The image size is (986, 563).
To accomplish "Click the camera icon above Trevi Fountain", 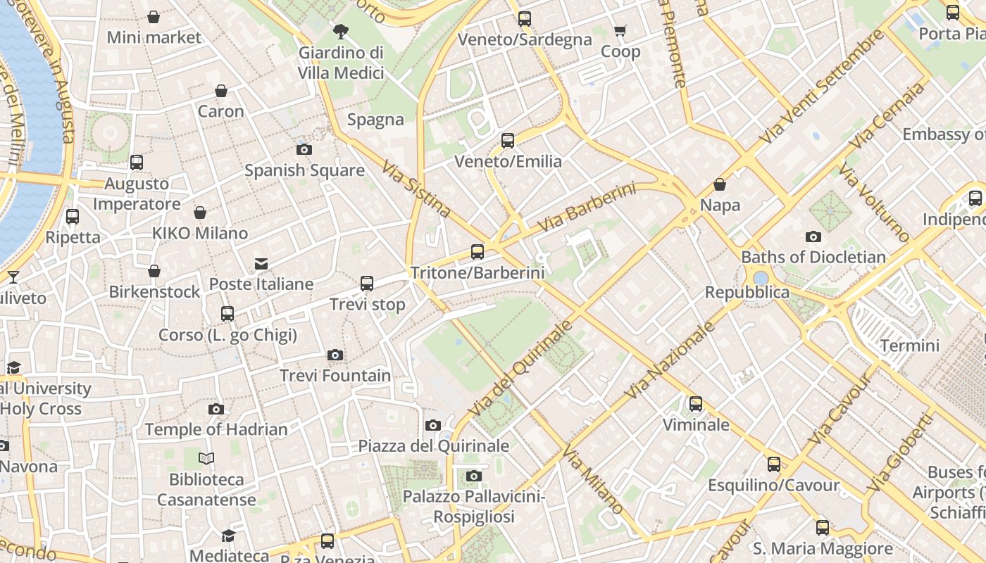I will pyautogui.click(x=335, y=355).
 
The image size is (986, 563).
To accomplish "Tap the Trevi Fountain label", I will pyautogui.click(x=335, y=376).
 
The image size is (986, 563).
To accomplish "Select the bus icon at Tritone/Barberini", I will pyautogui.click(x=478, y=251).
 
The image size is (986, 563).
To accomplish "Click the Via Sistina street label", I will pyautogui.click(x=416, y=189).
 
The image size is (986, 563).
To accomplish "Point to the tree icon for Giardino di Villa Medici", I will pyautogui.click(x=341, y=31).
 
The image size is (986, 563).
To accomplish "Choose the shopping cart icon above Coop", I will pyautogui.click(x=620, y=30).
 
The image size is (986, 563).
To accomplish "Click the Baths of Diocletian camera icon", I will pyautogui.click(x=813, y=236).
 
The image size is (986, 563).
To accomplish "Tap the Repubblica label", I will pyautogui.click(x=747, y=292).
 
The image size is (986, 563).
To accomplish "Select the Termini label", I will pyautogui.click(x=910, y=346).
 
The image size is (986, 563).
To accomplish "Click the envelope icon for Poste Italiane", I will pyautogui.click(x=261, y=263).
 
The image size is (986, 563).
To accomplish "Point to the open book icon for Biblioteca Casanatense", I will pyautogui.click(x=206, y=459).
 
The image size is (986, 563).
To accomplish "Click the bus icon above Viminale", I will pyautogui.click(x=696, y=403).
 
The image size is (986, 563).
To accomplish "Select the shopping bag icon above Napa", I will pyautogui.click(x=720, y=184).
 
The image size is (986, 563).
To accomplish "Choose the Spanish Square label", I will pyautogui.click(x=304, y=170).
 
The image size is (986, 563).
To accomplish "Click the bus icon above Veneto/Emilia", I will pyautogui.click(x=508, y=140).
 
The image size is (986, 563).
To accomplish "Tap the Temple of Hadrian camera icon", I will pyautogui.click(x=216, y=409).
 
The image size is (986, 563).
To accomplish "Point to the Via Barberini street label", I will pyautogui.click(x=587, y=208).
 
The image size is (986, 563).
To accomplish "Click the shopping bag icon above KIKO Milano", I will pyautogui.click(x=200, y=213).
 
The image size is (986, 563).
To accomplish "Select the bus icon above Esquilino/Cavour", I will pyautogui.click(x=774, y=464).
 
